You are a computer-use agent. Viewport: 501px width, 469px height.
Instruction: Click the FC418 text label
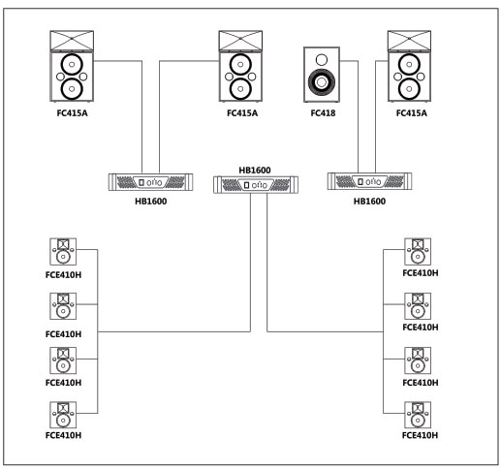point(323,113)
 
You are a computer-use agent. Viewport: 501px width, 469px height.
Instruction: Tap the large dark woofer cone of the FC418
point(322,82)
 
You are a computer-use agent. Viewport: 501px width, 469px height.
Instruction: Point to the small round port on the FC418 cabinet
point(322,60)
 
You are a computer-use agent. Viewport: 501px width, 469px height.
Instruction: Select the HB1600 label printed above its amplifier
point(255,171)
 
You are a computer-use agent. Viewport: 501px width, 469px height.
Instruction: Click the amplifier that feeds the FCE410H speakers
point(256,185)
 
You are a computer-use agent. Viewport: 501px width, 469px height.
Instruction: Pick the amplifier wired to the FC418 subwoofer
point(369,181)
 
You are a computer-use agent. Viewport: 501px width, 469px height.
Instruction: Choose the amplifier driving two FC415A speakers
point(150,182)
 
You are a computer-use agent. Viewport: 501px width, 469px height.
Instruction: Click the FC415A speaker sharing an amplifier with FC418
point(409,66)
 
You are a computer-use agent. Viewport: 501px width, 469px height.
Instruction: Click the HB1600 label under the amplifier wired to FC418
point(369,202)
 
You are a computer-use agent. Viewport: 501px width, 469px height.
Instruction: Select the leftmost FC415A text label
point(72,113)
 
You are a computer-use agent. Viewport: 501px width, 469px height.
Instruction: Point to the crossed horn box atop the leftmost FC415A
point(72,41)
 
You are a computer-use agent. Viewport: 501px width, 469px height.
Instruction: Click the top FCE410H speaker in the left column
point(63,252)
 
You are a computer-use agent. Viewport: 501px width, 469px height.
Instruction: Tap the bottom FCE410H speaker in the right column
point(418,415)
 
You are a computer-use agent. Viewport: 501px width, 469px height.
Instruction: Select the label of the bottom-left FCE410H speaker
point(63,435)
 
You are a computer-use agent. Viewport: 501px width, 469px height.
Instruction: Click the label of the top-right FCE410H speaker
point(421,273)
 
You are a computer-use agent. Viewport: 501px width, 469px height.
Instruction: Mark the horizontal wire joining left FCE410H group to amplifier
point(173,331)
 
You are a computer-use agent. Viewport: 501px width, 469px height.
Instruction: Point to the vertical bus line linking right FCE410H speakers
point(383,331)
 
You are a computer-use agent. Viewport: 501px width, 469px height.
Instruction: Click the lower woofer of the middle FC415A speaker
point(240,89)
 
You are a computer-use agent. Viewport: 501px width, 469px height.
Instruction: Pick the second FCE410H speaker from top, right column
point(418,306)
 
